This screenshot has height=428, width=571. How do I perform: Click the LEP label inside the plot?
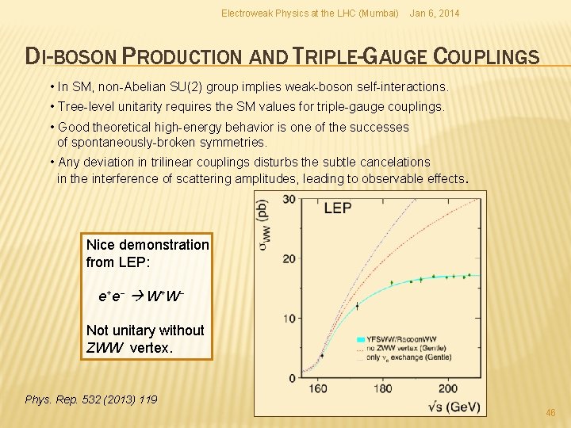[338, 208]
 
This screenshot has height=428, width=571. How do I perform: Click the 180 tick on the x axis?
[384, 389]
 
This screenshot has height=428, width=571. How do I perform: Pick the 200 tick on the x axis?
[447, 389]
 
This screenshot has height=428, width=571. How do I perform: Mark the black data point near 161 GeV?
[322, 355]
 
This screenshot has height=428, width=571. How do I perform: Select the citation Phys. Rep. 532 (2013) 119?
[91, 399]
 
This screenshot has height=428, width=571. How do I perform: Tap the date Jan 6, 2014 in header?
[434, 13]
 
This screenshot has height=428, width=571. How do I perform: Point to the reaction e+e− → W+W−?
[141, 296]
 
